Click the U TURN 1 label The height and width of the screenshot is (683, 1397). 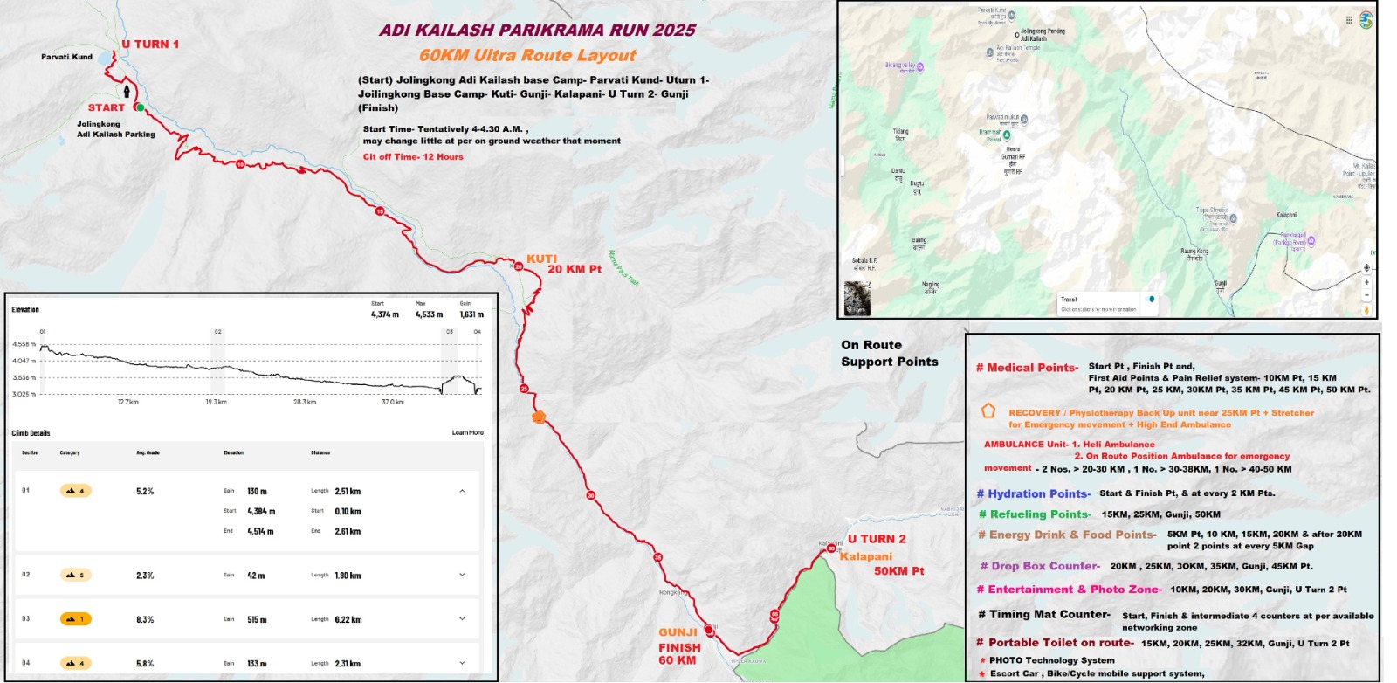pyautogui.click(x=150, y=45)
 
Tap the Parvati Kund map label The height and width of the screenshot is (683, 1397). pyautogui.click(x=66, y=57)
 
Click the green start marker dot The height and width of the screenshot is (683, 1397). pyautogui.click(x=140, y=107)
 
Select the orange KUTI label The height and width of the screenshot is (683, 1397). pyautogui.click(x=541, y=259)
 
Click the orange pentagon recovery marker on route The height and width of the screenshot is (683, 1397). pyautogui.click(x=539, y=417)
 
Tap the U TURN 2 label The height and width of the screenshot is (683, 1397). pyautogui.click(x=877, y=539)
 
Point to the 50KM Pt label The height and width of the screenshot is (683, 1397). pyautogui.click(x=898, y=571)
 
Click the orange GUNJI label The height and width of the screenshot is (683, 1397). pyautogui.click(x=678, y=632)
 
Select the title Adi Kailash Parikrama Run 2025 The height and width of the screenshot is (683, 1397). pyautogui.click(x=537, y=31)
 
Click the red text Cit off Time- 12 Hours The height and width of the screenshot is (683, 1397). pyautogui.click(x=413, y=157)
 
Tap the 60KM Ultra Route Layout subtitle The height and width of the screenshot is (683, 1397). pyautogui.click(x=527, y=55)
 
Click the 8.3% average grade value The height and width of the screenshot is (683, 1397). pyautogui.click(x=145, y=619)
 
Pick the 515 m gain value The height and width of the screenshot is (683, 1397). pyautogui.click(x=257, y=619)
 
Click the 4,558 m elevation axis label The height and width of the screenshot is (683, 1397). pyautogui.click(x=24, y=344)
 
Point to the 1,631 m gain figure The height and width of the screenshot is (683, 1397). pyautogui.click(x=471, y=314)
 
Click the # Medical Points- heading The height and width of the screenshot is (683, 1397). pyautogui.click(x=1027, y=368)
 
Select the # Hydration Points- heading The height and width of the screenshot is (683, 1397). pyautogui.click(x=1033, y=494)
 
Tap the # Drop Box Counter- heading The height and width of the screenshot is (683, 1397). pyautogui.click(x=1039, y=566)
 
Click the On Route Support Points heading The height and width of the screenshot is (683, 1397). pyautogui.click(x=889, y=354)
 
